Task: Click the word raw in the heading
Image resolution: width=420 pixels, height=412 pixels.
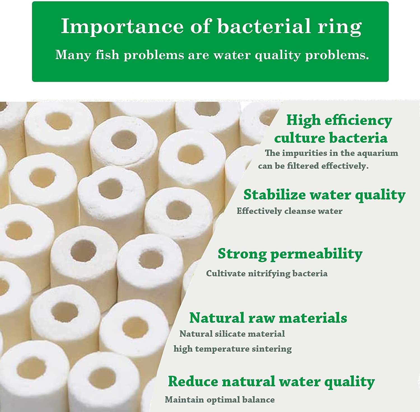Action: [262, 318]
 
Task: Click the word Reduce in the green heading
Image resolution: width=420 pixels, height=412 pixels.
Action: [193, 381]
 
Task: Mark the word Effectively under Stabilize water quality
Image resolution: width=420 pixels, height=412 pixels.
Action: [259, 211]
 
